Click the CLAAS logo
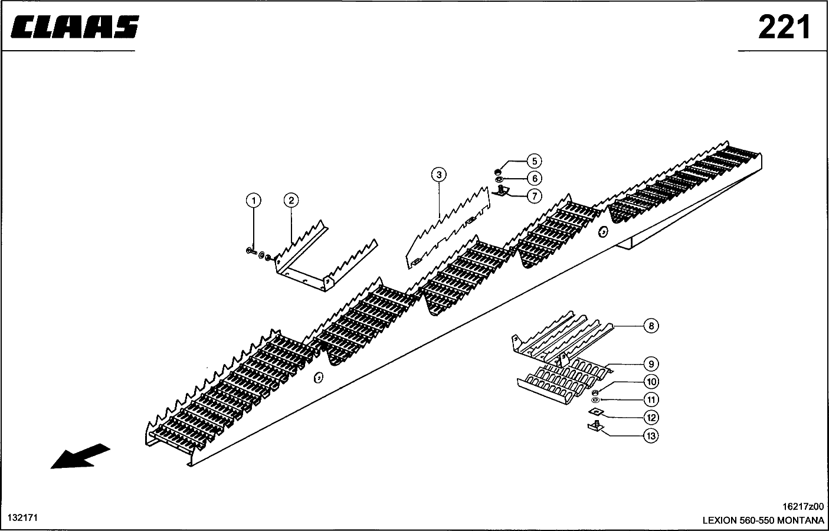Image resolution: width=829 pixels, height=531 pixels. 75,27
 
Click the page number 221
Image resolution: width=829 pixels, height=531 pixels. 784,27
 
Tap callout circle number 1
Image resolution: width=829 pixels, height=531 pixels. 254,201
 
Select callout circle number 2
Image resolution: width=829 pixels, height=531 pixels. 291,200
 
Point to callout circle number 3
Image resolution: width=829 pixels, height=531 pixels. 439,174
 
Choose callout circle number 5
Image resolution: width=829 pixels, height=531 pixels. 535,161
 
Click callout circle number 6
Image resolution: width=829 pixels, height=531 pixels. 535,178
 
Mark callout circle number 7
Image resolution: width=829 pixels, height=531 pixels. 535,196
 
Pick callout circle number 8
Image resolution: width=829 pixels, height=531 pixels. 651,326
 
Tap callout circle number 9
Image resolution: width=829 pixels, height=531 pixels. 651,364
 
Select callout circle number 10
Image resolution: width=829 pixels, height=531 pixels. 651,382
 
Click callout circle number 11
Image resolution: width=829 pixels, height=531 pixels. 651,399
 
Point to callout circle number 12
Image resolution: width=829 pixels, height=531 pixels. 651,418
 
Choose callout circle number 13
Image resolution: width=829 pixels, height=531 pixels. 651,436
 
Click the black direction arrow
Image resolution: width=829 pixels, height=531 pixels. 80,456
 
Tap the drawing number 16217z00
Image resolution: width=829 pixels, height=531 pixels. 803,507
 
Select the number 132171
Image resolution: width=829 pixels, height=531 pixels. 22,517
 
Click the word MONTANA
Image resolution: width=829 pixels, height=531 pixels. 801,520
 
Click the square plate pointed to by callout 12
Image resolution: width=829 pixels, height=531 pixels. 596,411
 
